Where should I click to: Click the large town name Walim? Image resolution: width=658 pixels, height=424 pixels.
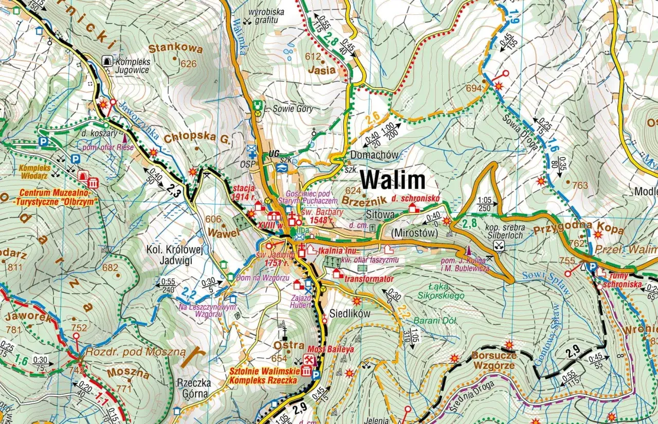[x=392, y=180]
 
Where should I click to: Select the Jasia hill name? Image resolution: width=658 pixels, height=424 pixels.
[x=322, y=69]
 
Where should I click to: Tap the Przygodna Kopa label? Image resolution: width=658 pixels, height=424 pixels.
[x=578, y=230]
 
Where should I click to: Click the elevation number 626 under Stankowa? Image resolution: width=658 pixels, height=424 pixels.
[x=189, y=64]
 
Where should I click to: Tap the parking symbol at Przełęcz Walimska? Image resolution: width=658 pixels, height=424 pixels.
[x=592, y=267]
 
